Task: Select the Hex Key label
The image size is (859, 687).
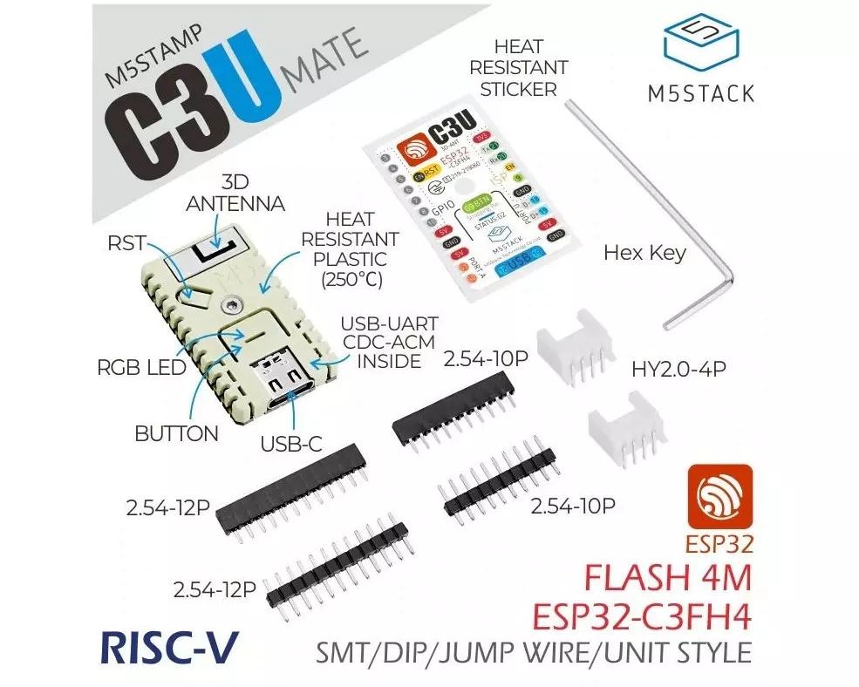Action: pyautogui.click(x=645, y=254)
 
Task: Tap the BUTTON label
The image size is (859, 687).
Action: pyautogui.click(x=177, y=433)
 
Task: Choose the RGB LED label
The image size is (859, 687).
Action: pyautogui.click(x=142, y=367)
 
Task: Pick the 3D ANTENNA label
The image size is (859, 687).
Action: pyautogui.click(x=235, y=193)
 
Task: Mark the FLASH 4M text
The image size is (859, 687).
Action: pyautogui.click(x=666, y=577)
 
